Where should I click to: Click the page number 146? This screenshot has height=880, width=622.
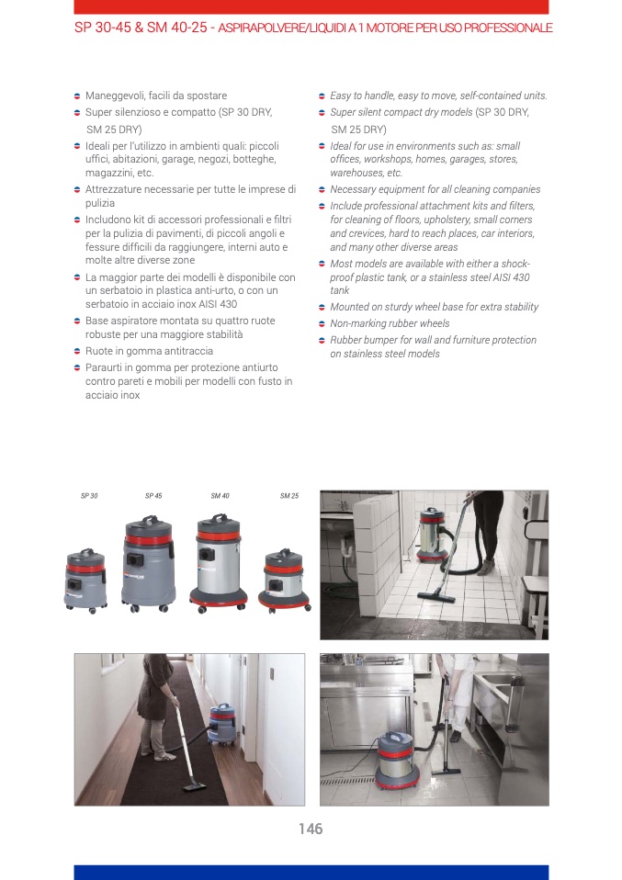pos(311,829)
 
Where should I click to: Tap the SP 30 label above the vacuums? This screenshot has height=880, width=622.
pos(89,495)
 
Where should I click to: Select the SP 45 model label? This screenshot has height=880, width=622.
pos(153,495)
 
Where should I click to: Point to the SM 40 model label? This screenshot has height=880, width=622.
pos(221,495)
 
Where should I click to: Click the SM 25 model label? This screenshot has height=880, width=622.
pos(289,495)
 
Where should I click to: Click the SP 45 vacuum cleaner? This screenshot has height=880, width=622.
pos(148,564)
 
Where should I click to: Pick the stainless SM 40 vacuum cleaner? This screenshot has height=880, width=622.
pos(219,563)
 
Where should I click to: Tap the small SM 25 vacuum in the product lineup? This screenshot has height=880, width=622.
pos(284,581)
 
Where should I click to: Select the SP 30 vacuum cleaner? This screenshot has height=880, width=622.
pos(85,581)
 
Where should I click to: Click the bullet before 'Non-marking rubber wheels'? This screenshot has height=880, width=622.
pos(322,324)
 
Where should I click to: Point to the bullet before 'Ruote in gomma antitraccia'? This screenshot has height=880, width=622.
pos(77,351)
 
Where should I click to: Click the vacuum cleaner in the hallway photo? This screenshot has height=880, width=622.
pos(222,724)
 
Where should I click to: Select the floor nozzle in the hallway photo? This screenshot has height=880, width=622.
pos(195,784)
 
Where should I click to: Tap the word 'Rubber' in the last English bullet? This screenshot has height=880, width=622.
pos(345,340)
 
